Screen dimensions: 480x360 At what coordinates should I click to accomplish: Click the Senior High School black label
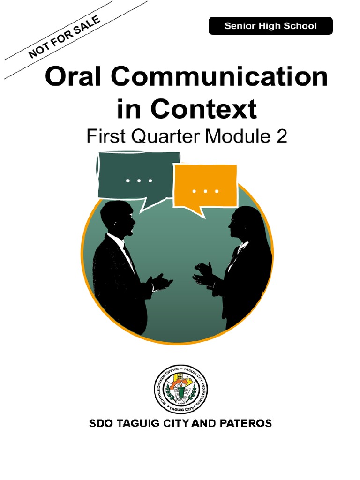click(x=270, y=26)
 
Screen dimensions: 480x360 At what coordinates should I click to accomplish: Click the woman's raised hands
click(x=203, y=274)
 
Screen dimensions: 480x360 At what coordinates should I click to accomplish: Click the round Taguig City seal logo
click(x=181, y=389)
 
